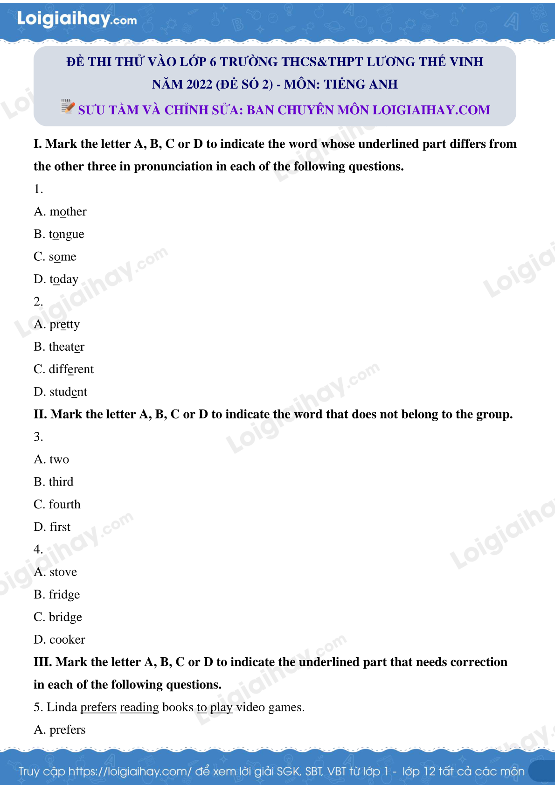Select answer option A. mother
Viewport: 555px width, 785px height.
[x=60, y=212]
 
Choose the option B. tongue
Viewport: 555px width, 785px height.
[x=59, y=234]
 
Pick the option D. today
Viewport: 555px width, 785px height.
[x=56, y=279]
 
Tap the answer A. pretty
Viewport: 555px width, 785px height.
[x=56, y=325]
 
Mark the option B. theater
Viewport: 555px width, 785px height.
[x=59, y=347]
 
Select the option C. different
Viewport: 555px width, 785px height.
[x=63, y=369]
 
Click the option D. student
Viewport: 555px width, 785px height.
[x=60, y=392]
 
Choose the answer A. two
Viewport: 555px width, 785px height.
[x=51, y=459]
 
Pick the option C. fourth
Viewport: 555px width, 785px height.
[x=57, y=505]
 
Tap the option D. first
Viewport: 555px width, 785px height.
[x=52, y=527]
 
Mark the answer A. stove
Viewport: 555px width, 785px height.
[x=55, y=572]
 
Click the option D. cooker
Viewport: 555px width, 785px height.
[x=59, y=640]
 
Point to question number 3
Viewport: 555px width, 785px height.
[x=38, y=437]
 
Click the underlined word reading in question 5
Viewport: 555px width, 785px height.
[x=139, y=708]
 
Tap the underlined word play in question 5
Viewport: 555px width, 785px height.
[x=221, y=708]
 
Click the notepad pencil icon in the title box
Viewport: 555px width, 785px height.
[x=68, y=106]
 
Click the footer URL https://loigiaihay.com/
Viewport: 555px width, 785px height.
[x=130, y=771]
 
